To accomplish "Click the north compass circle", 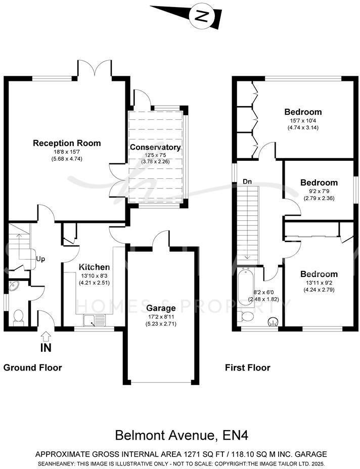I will pos(202,17).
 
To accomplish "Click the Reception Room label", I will pos(67,143).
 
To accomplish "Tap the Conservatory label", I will pos(155,148).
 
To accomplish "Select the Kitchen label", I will pos(94,267).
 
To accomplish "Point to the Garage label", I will pos(161,308).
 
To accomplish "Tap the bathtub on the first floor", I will pos(247,288).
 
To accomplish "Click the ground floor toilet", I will pos(19,317).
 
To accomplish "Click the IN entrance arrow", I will pos(46,336).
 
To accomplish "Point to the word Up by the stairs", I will pos(40,259).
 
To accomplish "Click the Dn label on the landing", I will pos(247,181).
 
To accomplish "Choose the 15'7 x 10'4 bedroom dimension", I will pos(303,121).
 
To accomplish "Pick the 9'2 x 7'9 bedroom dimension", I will pos(319,192).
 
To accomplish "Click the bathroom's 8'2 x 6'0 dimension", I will pos(263,293).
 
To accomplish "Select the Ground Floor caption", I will pos(33,367).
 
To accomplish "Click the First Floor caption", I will pos(248,367).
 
